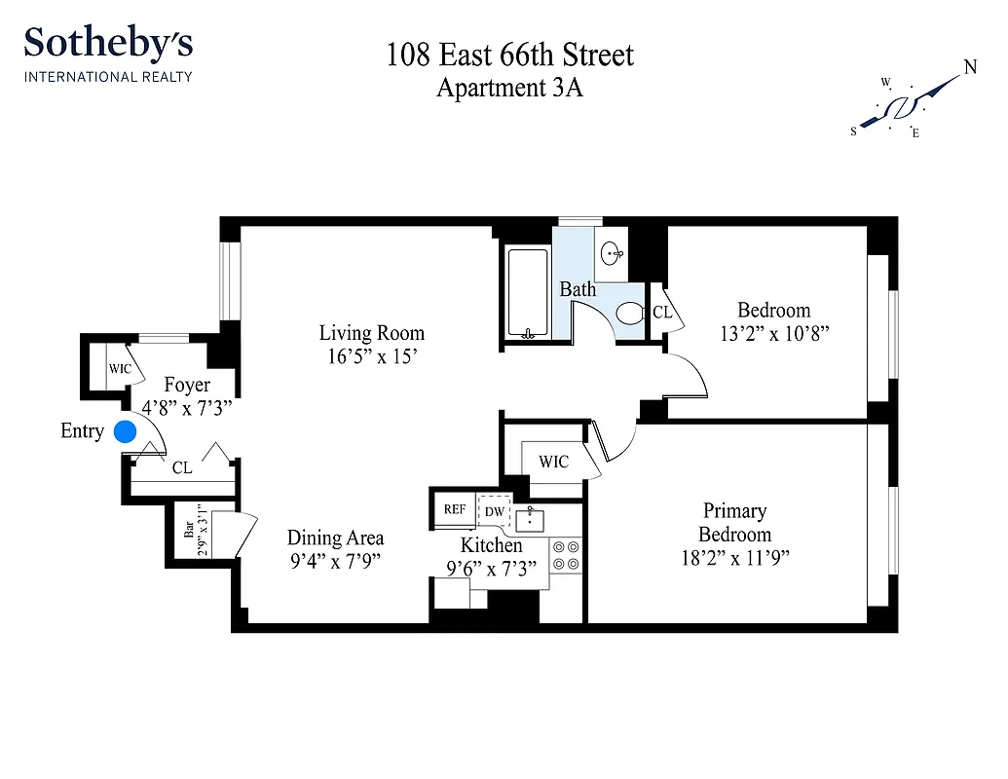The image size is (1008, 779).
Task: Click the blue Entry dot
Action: [x=125, y=431]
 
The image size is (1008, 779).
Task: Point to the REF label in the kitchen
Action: [x=455, y=509]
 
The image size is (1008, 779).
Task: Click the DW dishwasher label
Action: [x=495, y=511]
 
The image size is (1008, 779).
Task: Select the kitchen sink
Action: [x=529, y=518]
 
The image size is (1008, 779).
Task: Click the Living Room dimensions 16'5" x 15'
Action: [x=372, y=356]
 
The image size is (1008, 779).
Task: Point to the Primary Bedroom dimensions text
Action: [x=734, y=558]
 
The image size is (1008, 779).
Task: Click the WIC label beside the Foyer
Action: [x=120, y=369]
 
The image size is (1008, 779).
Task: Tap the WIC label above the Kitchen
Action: [x=553, y=462]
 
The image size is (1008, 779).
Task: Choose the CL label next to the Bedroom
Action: [x=662, y=313]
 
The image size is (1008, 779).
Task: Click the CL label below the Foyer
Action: [x=182, y=468]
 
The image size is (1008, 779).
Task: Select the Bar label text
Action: [x=190, y=530]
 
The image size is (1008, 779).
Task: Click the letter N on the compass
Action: [x=970, y=67]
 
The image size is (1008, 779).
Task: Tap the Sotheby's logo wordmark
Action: [x=108, y=44]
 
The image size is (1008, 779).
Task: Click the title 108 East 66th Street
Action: [x=509, y=55]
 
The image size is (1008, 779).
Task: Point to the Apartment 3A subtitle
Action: [x=509, y=88]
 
